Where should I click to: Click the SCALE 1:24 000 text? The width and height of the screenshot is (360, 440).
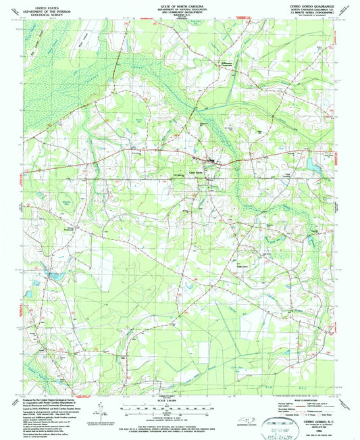[x=179, y=404]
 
